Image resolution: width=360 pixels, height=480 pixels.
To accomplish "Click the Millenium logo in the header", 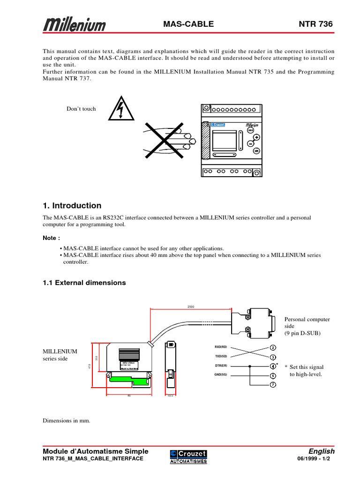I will (x=75, y=25).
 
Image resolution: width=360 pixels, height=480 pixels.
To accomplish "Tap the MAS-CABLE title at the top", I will (x=188, y=24).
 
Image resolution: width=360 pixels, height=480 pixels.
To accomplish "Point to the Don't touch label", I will (x=81, y=109).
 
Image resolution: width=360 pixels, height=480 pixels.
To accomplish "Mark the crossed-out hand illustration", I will (x=164, y=139).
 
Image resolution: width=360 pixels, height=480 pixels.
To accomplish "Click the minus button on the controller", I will (x=250, y=143).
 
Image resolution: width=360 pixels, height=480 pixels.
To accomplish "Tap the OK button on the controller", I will (x=256, y=151).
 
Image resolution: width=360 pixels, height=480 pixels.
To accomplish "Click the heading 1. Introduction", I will (x=72, y=205).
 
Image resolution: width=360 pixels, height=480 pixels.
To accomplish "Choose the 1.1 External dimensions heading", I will (x=84, y=283).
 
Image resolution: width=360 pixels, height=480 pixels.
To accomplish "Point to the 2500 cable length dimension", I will (x=191, y=307).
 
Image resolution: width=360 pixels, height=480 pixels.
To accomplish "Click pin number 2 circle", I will (x=273, y=347).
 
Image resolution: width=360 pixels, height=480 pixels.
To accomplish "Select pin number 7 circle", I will (x=273, y=385).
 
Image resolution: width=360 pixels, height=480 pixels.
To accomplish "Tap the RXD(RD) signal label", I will (x=221, y=347).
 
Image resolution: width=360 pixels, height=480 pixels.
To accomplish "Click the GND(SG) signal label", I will (x=221, y=375).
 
